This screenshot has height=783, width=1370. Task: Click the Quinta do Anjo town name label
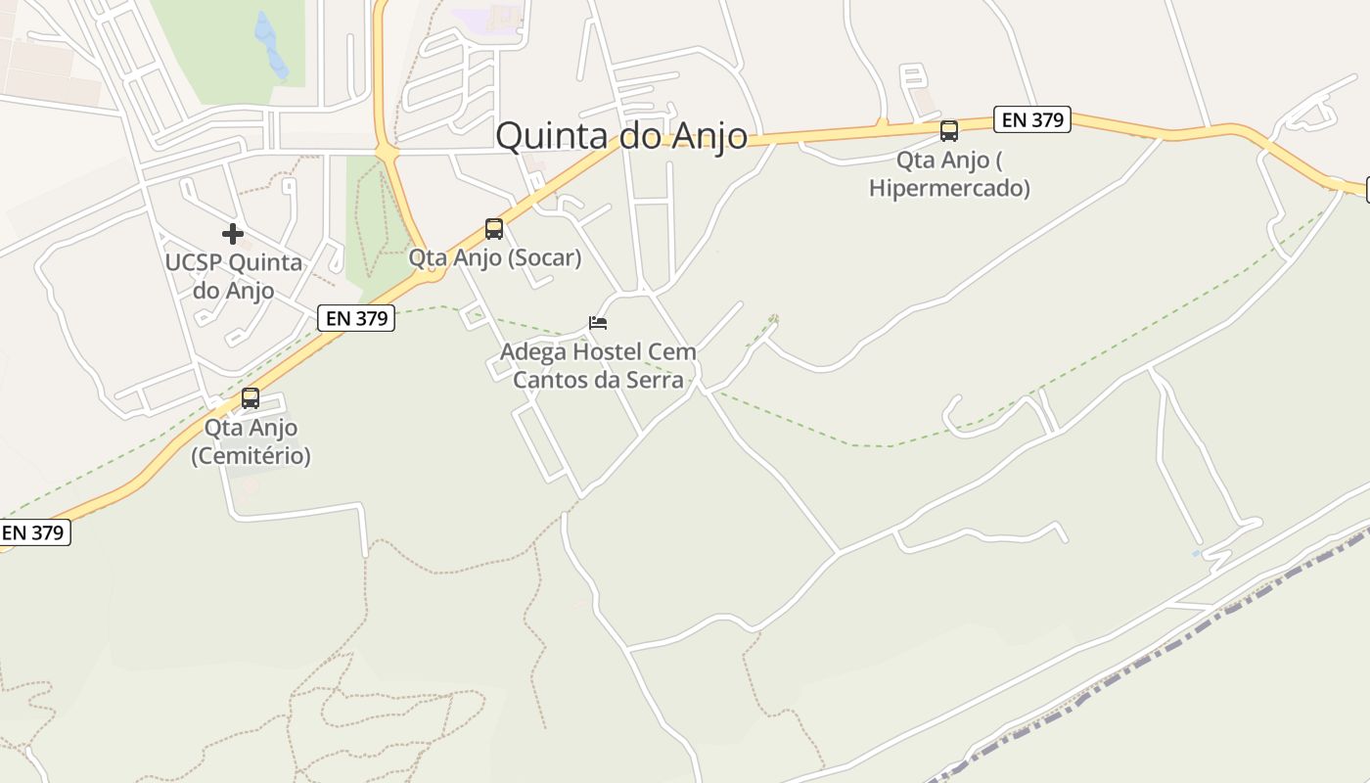click(621, 136)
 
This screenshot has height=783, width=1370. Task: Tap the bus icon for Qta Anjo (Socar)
click(494, 229)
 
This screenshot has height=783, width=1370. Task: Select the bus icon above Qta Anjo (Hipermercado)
click(948, 131)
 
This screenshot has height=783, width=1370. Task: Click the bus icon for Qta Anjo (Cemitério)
click(251, 398)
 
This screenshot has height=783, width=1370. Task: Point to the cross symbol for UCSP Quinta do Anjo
click(233, 234)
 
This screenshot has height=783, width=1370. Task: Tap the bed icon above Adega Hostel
click(598, 323)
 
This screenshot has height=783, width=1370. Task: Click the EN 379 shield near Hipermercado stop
click(1032, 120)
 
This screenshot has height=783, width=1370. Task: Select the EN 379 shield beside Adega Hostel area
click(356, 318)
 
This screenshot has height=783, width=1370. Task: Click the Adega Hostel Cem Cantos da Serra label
click(598, 365)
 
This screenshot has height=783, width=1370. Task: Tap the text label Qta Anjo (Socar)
click(494, 258)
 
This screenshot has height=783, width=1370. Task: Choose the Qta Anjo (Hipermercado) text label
click(949, 174)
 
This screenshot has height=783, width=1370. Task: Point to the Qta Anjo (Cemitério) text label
click(251, 441)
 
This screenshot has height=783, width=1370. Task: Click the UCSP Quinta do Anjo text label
click(234, 277)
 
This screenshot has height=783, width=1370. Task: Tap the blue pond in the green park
click(270, 44)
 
